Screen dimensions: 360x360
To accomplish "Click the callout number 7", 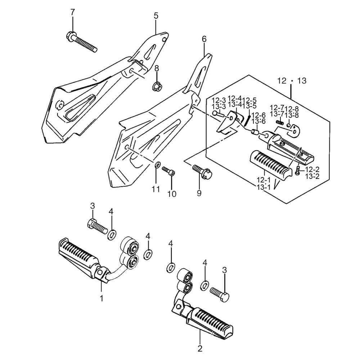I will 73,12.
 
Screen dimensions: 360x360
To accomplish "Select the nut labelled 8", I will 157,86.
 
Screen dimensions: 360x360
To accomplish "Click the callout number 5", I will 156,16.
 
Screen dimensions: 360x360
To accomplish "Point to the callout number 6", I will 204,39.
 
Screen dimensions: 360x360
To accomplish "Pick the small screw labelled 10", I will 168,171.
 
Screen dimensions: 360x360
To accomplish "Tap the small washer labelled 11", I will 157,166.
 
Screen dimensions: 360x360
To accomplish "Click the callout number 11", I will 156,189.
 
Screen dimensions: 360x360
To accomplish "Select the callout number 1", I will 101,298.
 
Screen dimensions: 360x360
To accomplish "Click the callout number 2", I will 200,348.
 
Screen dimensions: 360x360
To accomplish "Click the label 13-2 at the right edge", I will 312,176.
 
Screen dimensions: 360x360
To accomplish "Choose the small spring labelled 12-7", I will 280,122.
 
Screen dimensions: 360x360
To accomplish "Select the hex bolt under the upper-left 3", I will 97,226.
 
